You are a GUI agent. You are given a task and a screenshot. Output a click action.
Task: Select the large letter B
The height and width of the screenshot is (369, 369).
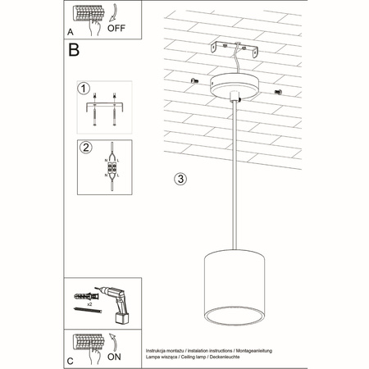pyautogui.click(x=74, y=51)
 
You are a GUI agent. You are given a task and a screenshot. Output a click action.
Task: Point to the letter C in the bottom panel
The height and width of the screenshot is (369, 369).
pyautogui.click(x=71, y=358)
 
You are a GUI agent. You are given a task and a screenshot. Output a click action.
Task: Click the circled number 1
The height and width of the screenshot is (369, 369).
pyautogui.click(x=83, y=88)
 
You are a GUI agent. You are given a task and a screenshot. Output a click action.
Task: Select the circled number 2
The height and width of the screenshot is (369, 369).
pyautogui.click(x=83, y=148)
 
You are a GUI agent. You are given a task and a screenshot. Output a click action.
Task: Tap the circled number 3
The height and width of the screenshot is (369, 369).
pyautogui.click(x=181, y=178)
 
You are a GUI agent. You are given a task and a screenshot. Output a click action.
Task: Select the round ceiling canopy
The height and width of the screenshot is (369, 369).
pyautogui.click(x=235, y=85)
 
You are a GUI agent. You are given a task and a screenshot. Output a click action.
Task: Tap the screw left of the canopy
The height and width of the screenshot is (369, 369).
pyautogui.click(x=194, y=80)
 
